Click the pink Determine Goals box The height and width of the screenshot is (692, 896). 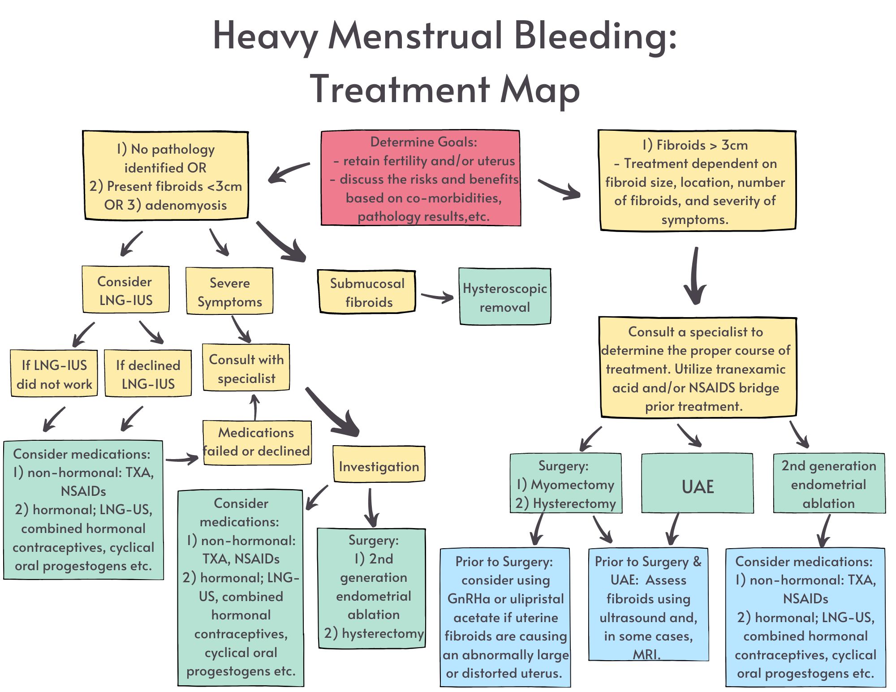[421, 178]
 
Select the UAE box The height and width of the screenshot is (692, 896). [697, 483]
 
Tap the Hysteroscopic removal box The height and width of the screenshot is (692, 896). [505, 297]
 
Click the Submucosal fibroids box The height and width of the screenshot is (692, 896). [366, 292]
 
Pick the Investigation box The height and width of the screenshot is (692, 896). [379, 464]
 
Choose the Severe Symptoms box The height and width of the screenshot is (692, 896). [229, 291]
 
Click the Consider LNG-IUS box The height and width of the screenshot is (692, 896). [125, 290]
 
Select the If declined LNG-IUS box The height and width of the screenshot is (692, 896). [148, 374]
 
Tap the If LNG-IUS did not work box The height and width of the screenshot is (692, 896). [54, 374]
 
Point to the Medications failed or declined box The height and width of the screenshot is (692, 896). [257, 443]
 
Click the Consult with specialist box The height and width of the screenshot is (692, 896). [246, 368]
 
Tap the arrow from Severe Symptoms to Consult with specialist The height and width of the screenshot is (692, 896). [241, 329]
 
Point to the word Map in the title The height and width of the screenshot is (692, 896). [539, 90]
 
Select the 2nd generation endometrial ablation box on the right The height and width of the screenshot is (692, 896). [829, 484]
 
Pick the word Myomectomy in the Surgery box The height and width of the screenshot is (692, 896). [572, 485]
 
